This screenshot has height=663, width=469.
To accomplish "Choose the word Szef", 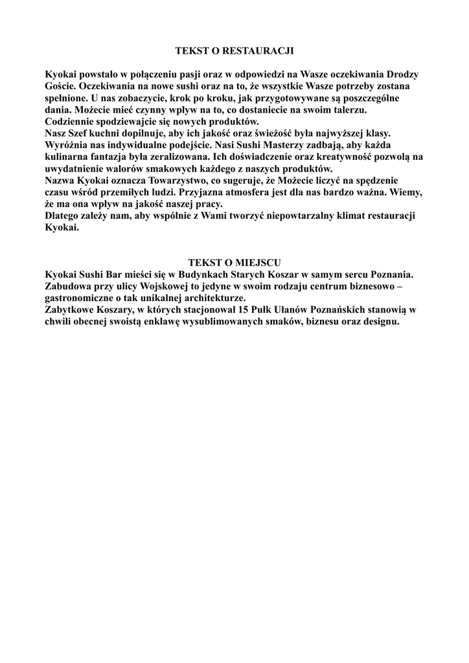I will pyautogui.click(x=80, y=133).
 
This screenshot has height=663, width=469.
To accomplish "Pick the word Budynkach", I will pyautogui.click(x=206, y=275).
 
